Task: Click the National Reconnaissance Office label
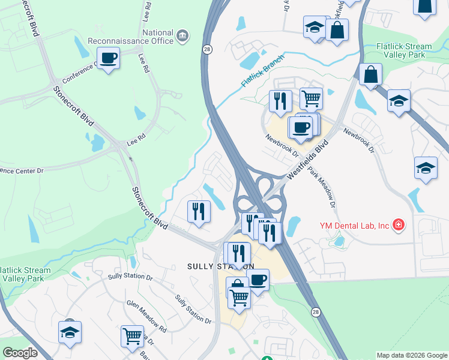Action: coord(161,37)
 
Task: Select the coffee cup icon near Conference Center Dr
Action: coord(108,59)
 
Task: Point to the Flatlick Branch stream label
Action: coord(262,71)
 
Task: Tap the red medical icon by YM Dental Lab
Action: coord(398,226)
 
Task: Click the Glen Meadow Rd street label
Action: coord(146,316)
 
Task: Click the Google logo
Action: coord(20,352)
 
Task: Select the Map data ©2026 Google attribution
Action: coord(412,355)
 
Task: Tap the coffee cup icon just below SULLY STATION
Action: coord(258,280)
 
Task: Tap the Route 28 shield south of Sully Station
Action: coord(316,312)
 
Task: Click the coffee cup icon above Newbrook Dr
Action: coord(301,127)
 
